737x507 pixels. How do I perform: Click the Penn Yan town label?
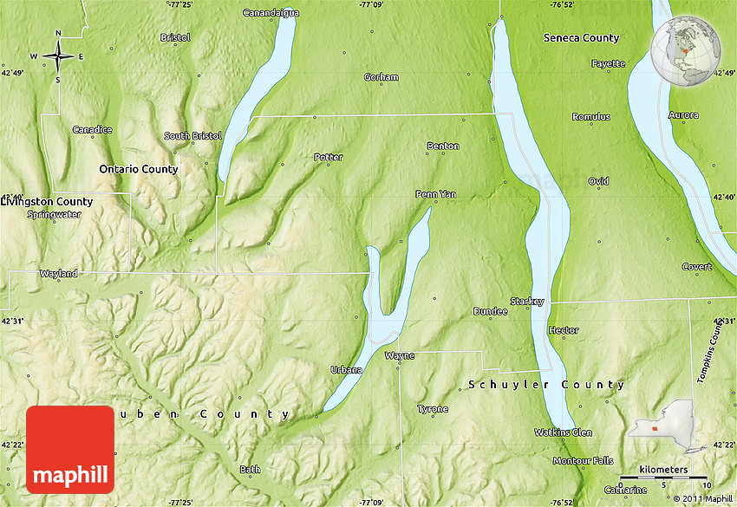click(435, 194)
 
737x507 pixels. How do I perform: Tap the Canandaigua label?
click(271, 13)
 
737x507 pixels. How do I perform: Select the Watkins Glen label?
click(563, 432)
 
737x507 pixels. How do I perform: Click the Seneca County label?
click(581, 38)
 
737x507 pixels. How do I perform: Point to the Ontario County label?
click(138, 169)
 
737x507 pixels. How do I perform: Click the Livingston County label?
click(47, 202)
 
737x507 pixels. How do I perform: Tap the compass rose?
click(58, 57)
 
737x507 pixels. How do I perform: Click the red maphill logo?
click(70, 449)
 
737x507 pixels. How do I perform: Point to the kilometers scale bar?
click(664, 475)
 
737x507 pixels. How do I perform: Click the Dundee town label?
click(490, 311)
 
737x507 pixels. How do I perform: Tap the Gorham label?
click(381, 77)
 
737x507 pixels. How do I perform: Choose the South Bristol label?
click(192, 136)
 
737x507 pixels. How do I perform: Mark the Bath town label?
click(250, 470)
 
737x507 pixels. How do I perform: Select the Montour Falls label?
click(583, 460)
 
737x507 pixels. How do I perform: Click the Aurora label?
click(683, 115)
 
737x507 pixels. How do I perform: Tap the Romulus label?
click(590, 117)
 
